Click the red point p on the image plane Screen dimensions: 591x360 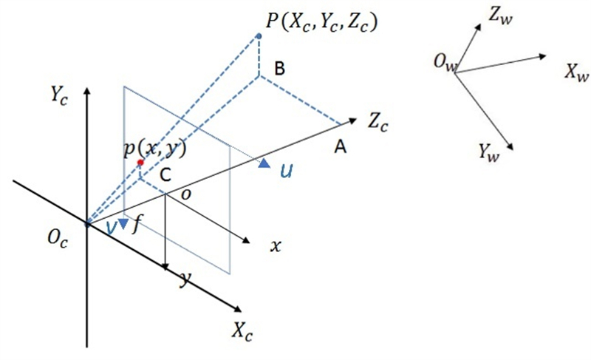pyautogui.click(x=140, y=163)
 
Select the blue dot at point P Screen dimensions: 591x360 pyautogui.click(x=259, y=36)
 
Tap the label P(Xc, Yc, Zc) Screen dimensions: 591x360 pyautogui.click(x=321, y=22)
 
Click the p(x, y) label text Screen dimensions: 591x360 pyautogui.click(x=155, y=149)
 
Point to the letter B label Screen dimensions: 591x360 pyautogui.click(x=280, y=69)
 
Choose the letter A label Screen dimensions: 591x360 pyautogui.click(x=341, y=146)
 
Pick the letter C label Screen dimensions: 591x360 pyautogui.click(x=165, y=175)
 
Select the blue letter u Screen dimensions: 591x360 pyautogui.click(x=287, y=171)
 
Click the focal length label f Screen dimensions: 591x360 pyautogui.click(x=137, y=225)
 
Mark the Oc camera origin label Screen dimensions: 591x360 pyautogui.click(x=58, y=238)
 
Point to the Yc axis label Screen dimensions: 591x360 pyautogui.click(x=60, y=94)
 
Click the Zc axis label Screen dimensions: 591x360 pyautogui.click(x=378, y=122)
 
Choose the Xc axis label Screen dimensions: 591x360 pyautogui.click(x=242, y=332)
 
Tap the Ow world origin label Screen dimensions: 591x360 pyautogui.click(x=445, y=62)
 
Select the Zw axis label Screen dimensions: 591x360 pyautogui.click(x=501, y=16)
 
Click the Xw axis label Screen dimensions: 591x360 pyautogui.click(x=577, y=71)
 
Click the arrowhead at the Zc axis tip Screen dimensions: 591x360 pyautogui.click(x=352, y=120)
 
